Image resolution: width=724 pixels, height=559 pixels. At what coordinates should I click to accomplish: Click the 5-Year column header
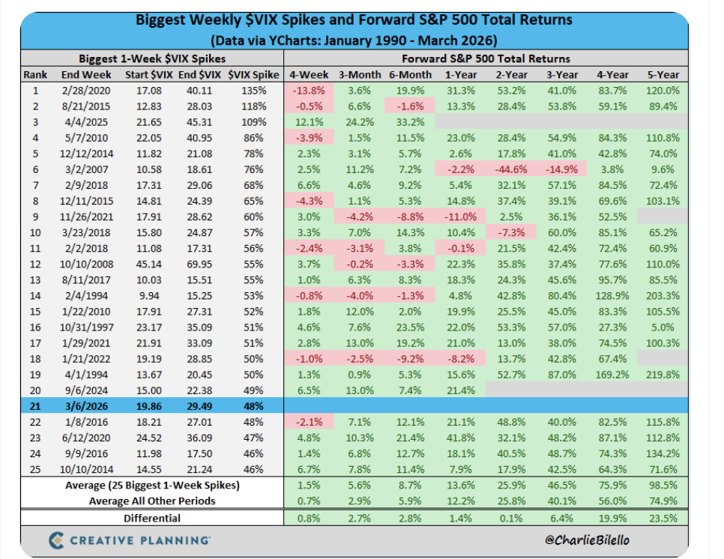(663, 74)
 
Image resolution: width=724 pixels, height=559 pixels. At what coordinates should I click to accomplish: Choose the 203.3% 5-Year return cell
(663, 295)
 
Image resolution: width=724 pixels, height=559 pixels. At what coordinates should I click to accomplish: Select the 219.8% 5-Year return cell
(663, 374)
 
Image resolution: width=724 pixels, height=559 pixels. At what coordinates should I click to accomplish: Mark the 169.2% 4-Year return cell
(612, 374)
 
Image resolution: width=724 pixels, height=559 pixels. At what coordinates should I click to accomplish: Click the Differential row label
(153, 517)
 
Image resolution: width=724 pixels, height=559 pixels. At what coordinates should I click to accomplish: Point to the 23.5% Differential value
(663, 517)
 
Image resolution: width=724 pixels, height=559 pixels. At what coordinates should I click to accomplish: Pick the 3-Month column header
(356, 74)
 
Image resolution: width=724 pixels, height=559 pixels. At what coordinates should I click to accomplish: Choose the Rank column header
(36, 74)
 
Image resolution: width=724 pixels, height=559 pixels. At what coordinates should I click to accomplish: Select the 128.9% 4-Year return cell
(612, 295)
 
